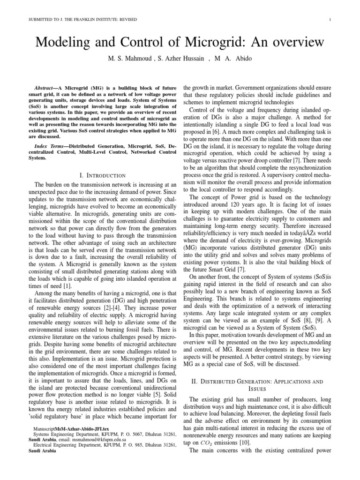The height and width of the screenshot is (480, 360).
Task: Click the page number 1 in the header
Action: [x=331, y=19]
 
